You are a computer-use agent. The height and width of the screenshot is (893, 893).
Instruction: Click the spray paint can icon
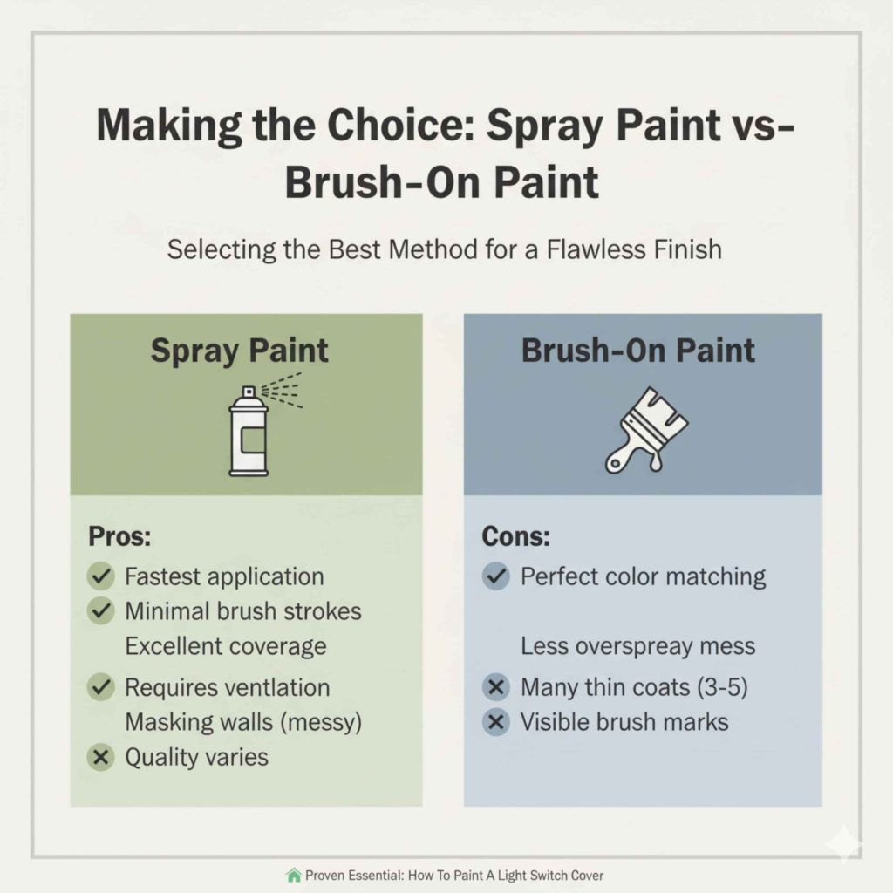(x=249, y=433)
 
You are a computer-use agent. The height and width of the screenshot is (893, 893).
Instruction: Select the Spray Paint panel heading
(x=240, y=351)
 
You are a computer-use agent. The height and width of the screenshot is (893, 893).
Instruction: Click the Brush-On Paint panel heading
(x=637, y=351)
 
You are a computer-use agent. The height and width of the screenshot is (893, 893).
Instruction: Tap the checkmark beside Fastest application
(x=101, y=576)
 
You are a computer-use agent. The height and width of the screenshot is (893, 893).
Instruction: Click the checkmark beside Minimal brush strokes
(x=101, y=611)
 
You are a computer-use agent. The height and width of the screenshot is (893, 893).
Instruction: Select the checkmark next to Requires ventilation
(x=101, y=687)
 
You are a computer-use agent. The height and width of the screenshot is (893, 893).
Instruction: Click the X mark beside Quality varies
(x=101, y=757)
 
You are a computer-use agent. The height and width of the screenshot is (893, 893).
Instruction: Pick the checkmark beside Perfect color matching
(x=496, y=576)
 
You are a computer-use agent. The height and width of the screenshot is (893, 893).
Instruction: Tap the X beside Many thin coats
(x=496, y=687)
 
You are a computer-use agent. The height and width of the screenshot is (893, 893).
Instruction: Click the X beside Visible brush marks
(x=496, y=722)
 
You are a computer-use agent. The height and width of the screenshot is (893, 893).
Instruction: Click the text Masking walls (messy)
(x=243, y=722)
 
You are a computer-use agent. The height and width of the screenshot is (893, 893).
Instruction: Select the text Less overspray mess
(x=637, y=646)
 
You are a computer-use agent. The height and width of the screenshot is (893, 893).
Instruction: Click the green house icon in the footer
(x=293, y=875)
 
